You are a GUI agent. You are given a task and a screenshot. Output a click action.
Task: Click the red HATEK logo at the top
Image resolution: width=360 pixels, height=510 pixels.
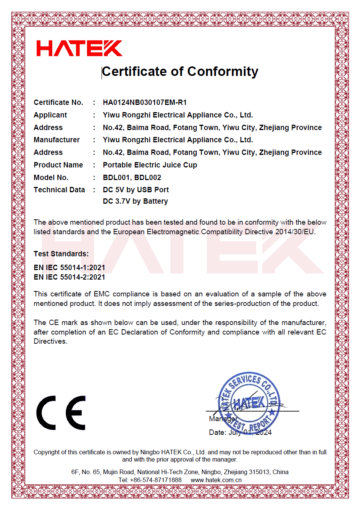[x=79, y=48]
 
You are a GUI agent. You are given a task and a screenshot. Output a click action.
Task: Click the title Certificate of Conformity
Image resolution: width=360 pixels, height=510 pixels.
[x=180, y=71]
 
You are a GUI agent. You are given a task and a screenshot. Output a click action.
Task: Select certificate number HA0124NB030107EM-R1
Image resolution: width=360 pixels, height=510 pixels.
[x=145, y=102]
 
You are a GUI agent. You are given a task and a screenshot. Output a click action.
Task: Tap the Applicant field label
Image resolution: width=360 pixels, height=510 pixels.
[x=50, y=115]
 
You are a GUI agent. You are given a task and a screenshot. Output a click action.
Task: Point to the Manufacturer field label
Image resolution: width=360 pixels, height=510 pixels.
[x=57, y=140]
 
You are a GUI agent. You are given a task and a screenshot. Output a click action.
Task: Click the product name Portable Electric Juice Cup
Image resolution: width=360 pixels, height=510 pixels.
[x=150, y=165]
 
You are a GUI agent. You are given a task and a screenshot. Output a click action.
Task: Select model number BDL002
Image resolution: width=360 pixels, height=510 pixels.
[x=148, y=177]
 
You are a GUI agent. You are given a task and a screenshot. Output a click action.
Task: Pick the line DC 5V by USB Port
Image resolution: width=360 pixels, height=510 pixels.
[x=136, y=190]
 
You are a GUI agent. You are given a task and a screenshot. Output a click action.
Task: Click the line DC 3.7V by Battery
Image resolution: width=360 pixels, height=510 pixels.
[x=135, y=201]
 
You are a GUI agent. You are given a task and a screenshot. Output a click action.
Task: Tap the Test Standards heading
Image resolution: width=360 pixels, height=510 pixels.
[x=61, y=254]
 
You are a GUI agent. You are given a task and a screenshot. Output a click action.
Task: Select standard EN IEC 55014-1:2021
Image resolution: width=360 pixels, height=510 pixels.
[x=69, y=267]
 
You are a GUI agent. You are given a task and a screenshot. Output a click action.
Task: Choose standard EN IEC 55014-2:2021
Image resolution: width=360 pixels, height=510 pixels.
[x=69, y=277]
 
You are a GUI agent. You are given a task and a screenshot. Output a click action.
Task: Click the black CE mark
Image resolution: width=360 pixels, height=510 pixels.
[x=61, y=413]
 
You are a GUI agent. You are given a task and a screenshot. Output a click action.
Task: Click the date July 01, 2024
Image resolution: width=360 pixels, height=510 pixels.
[x=250, y=432]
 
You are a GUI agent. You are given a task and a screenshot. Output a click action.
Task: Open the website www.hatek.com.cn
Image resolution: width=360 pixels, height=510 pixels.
[x=216, y=480]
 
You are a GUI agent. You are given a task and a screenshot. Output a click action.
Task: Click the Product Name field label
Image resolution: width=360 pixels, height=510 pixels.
[x=58, y=165]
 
